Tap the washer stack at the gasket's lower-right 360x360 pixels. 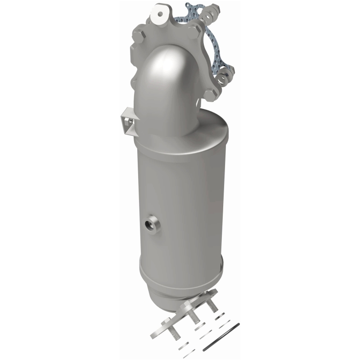223,78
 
